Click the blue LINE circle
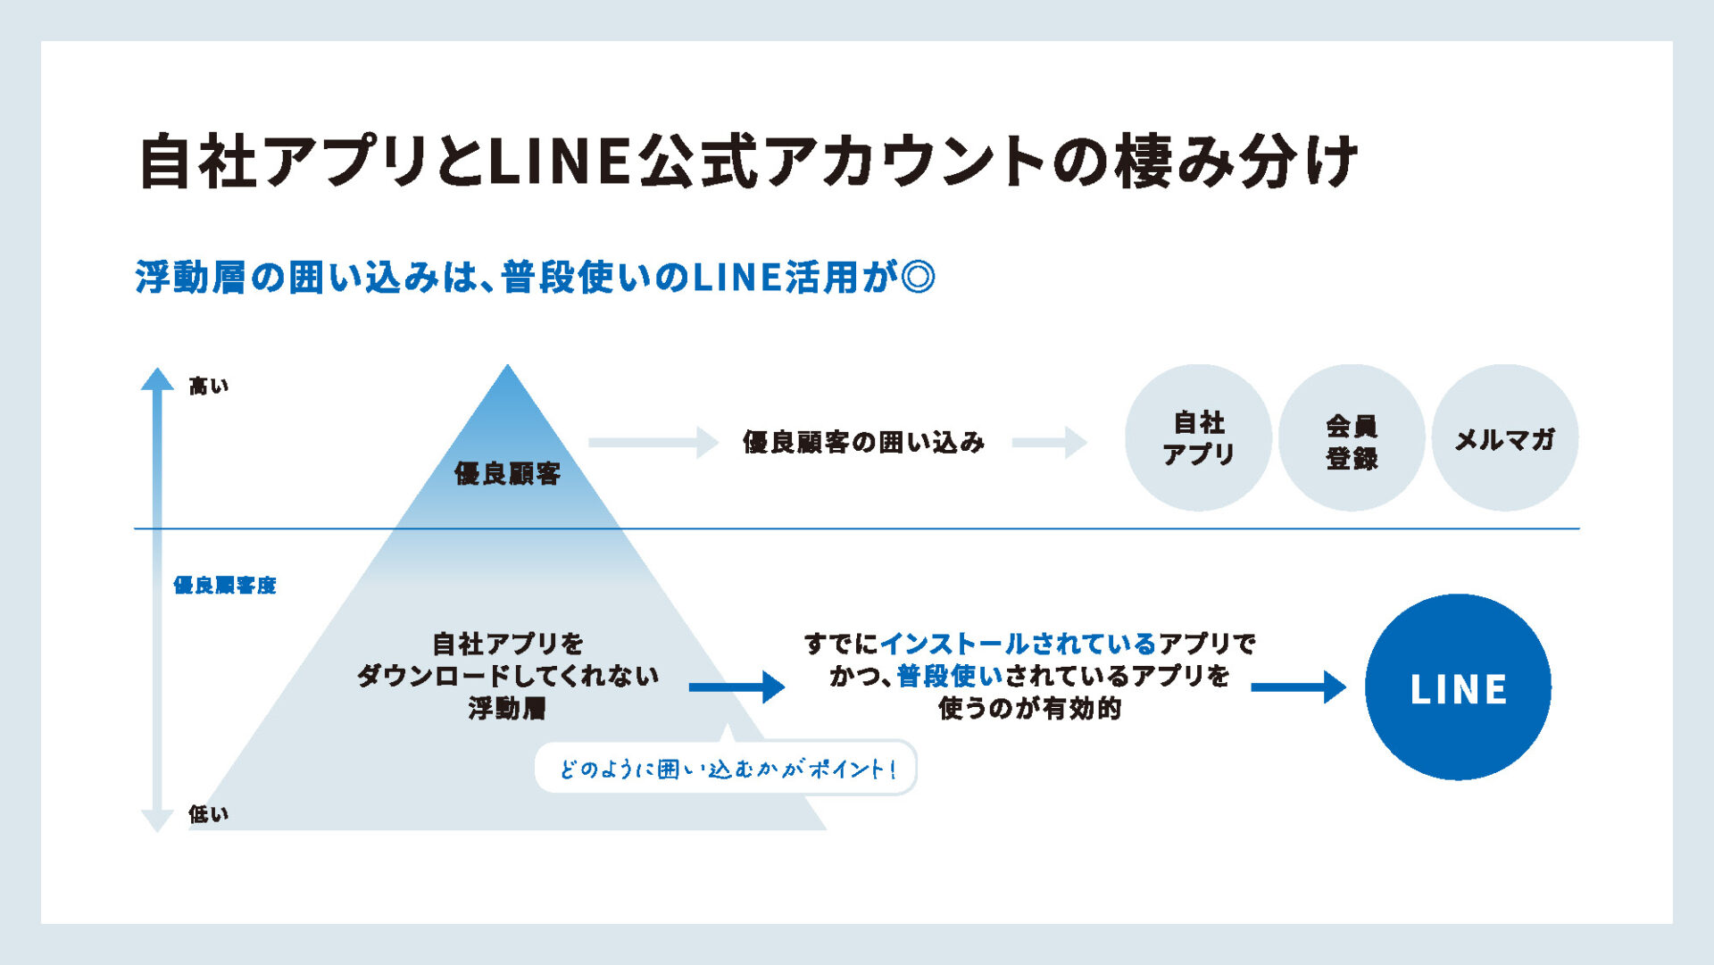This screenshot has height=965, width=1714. pos(1458,686)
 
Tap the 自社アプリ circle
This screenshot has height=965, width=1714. pos(1198,437)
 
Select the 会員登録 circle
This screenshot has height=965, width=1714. pos(1352,437)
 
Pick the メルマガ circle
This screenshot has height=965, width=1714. pos(1505,437)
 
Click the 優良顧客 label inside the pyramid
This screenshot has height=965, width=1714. pos(507,473)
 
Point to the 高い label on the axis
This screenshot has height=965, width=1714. pos(209,386)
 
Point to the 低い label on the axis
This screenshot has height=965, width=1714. pos(209,813)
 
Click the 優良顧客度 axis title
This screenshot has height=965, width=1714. pos(225,585)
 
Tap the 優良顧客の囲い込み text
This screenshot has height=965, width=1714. pos(863,442)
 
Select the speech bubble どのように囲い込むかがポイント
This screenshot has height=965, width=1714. pos(725,768)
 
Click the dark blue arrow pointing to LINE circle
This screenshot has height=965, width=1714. pos(1299,686)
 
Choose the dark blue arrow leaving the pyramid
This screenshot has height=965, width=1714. pos(737,686)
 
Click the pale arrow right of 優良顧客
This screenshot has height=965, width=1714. pos(653,442)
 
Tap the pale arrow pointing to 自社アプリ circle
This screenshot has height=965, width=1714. pos(1050,442)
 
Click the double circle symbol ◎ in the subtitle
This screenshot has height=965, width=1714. pos(919,277)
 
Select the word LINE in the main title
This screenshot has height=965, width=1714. pos(562,162)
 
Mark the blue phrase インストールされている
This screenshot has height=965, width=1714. pos(1019,644)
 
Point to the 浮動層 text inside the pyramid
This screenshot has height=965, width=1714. pos(507,708)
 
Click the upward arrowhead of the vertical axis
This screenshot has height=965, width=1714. pos(157,379)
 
